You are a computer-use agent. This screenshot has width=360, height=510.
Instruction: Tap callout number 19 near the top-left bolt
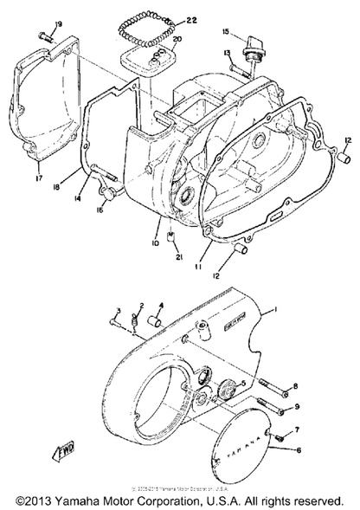click(x=35, y=23)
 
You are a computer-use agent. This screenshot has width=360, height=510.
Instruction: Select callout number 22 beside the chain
click(x=191, y=19)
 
